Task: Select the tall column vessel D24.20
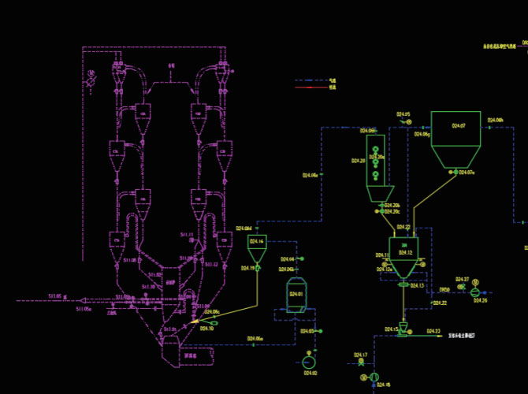(376, 162)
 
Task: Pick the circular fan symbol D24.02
(308, 361)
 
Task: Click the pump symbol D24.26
(475, 292)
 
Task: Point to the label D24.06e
(310, 175)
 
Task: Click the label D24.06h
(495, 120)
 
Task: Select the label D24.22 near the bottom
(438, 303)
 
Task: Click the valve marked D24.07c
(466, 173)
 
